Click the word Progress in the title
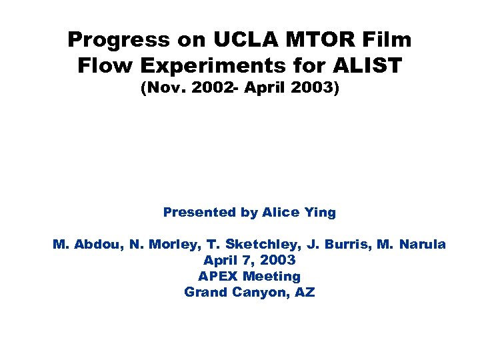(x=117, y=40)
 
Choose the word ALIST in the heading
(x=369, y=66)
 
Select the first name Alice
(x=282, y=213)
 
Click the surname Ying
(x=320, y=213)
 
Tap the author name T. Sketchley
(x=247, y=245)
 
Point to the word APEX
(x=218, y=276)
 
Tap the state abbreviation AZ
(x=304, y=292)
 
